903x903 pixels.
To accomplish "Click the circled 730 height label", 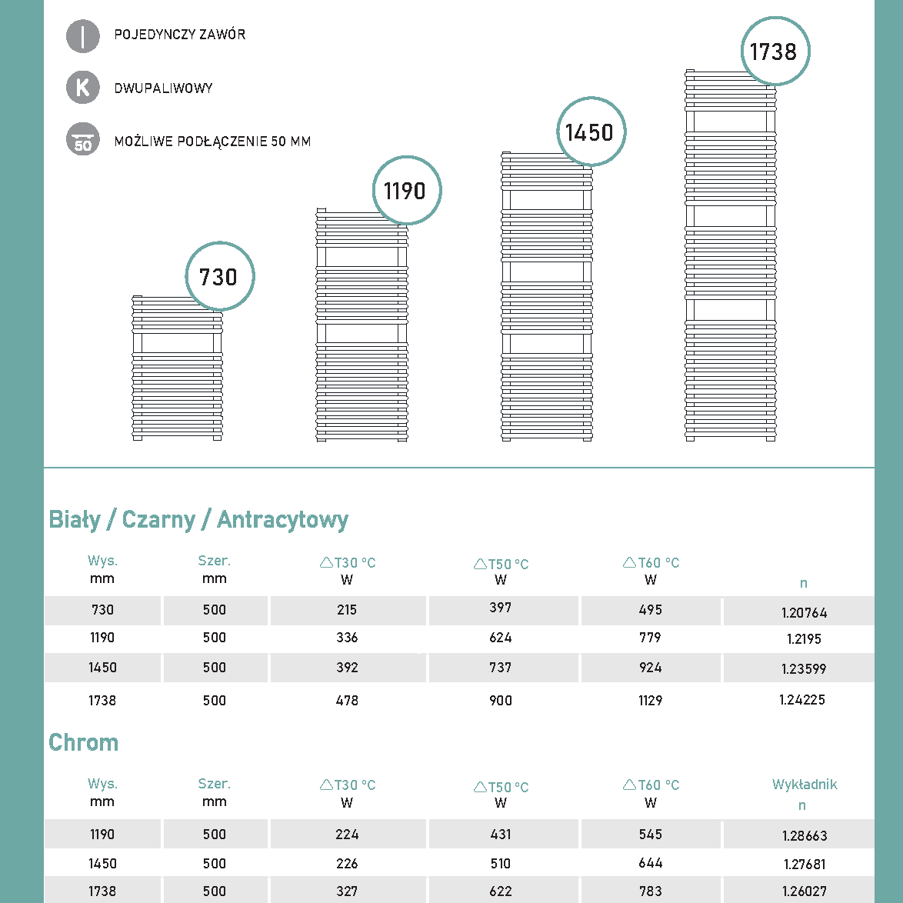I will (219, 277).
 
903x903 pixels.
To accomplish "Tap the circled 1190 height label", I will (406, 191).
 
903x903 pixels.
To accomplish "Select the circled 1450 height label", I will (590, 132).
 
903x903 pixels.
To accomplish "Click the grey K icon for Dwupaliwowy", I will (83, 88).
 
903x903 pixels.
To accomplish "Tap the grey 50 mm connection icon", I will (83, 140).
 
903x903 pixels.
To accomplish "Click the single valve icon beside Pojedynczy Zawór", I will (83, 35).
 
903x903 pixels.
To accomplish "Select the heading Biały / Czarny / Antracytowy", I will (198, 520).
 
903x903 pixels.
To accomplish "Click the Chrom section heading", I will (84, 742).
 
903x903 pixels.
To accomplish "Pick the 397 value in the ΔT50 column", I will (501, 608).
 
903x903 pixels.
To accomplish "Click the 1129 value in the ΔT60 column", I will (651, 701).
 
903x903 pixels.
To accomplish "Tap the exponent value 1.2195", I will (804, 639).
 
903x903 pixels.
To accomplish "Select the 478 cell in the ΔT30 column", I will (347, 701).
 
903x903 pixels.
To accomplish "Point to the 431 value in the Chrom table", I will (501, 835).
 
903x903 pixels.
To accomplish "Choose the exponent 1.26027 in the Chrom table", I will (804, 891).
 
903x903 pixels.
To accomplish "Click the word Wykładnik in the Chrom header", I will (805, 785).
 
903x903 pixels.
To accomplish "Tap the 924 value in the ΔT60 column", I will (651, 668).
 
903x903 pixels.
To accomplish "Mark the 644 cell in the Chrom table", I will (651, 863).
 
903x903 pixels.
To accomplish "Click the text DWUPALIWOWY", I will (163, 88).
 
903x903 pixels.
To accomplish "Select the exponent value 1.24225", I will (801, 700).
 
